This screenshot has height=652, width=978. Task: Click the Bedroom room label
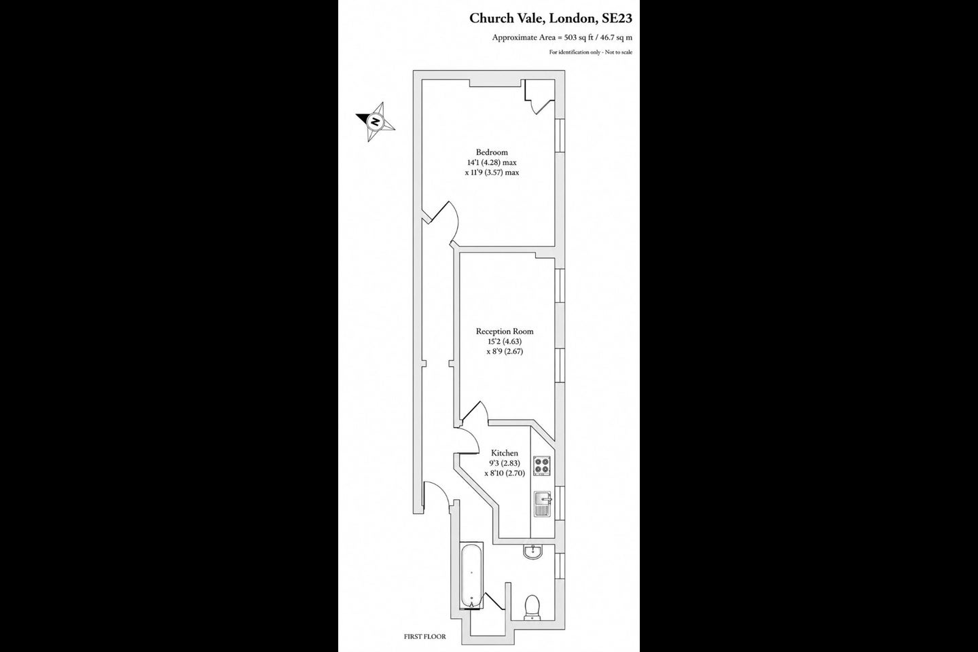pos(492,152)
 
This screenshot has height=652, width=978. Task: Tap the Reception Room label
pos(504,331)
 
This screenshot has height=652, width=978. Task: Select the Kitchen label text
pos(504,453)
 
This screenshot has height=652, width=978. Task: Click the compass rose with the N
pos(375,122)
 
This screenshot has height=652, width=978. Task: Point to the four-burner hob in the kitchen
pos(541,465)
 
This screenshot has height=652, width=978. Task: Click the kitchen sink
pos(542,504)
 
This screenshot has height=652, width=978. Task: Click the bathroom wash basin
pos(532,551)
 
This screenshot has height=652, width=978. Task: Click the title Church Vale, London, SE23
pos(551,18)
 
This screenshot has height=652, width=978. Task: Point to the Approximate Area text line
pos(562,37)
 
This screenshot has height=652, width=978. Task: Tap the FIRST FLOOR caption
pos(425,636)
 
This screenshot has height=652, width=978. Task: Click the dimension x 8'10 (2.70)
pos(505,473)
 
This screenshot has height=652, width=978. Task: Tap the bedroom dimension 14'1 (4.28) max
pos(492,162)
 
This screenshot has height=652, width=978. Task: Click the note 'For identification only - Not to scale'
pos(591,52)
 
